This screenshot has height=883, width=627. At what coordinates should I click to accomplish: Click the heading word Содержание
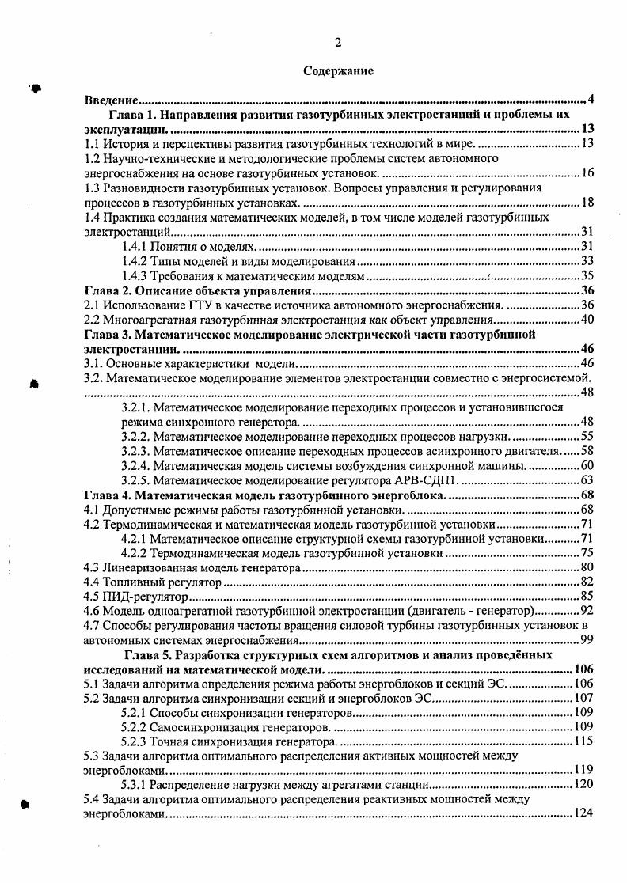point(338,71)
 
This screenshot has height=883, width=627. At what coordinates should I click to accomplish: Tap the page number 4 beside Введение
point(591,100)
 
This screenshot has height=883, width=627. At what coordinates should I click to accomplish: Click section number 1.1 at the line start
point(93,143)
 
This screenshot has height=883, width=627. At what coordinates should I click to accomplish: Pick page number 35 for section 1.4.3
point(587,276)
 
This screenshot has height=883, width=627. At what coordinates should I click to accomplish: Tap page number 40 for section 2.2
point(587,320)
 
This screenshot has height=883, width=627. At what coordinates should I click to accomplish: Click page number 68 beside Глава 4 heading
point(587,495)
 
